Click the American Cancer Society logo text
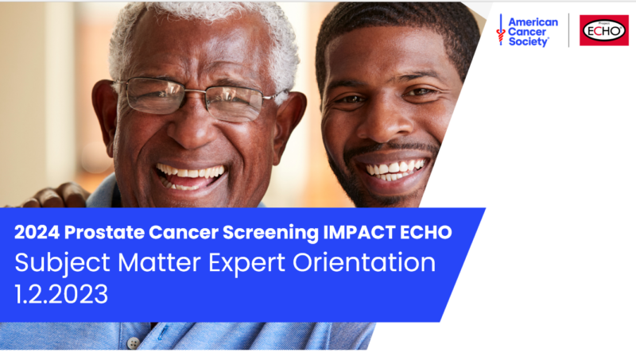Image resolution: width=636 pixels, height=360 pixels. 533,32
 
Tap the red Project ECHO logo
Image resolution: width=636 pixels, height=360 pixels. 604,30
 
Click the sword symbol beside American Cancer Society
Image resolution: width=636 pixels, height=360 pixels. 501,29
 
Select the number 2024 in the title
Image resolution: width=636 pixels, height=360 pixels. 37,232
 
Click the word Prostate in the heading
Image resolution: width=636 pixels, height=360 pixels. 104,232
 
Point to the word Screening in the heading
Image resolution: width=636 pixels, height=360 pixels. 270,233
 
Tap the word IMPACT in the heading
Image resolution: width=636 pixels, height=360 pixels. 359,232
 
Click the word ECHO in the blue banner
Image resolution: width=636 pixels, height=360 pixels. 426,232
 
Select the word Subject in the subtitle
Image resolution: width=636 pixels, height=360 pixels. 63,263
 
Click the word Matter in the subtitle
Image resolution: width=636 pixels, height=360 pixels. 160,263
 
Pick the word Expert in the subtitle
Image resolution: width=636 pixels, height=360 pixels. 247,264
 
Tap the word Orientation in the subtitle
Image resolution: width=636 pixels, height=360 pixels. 364,262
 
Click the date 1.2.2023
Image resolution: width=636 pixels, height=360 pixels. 62,294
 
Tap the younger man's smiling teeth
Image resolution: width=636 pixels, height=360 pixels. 394,168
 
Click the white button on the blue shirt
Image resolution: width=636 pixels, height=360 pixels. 133,343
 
